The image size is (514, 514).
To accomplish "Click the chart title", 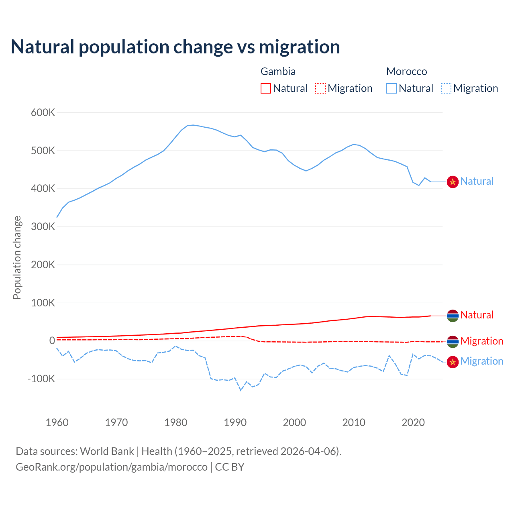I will (x=175, y=47).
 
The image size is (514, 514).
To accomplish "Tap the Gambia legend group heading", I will (x=278, y=71).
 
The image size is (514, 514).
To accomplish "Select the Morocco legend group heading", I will (x=406, y=71).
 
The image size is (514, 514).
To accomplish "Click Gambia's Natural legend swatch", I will (x=266, y=88).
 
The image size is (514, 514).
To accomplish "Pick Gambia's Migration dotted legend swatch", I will (x=320, y=88).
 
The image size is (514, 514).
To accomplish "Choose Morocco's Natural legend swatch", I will (x=392, y=88).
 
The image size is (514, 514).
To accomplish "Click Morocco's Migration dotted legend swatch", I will (x=446, y=88).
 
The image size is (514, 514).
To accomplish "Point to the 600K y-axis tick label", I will (x=43, y=112).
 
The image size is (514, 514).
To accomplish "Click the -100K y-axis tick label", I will (x=41, y=379).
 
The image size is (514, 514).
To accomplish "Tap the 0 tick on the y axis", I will (x=52, y=341).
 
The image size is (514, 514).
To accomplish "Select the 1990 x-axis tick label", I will (x=235, y=422).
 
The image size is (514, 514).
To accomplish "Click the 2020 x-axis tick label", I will (x=413, y=422).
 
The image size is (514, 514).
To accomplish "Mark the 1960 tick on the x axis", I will (x=57, y=422).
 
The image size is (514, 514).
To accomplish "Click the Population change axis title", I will (x=17, y=257).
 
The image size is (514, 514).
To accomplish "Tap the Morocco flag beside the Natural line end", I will (x=453, y=182).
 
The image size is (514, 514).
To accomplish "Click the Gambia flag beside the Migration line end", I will (x=453, y=342).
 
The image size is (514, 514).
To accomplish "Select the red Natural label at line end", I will (x=477, y=315).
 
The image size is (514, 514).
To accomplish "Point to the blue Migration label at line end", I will (x=481, y=361).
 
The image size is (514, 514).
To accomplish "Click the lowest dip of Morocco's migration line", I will (x=241, y=390).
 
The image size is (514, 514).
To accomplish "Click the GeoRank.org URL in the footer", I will (x=112, y=467).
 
